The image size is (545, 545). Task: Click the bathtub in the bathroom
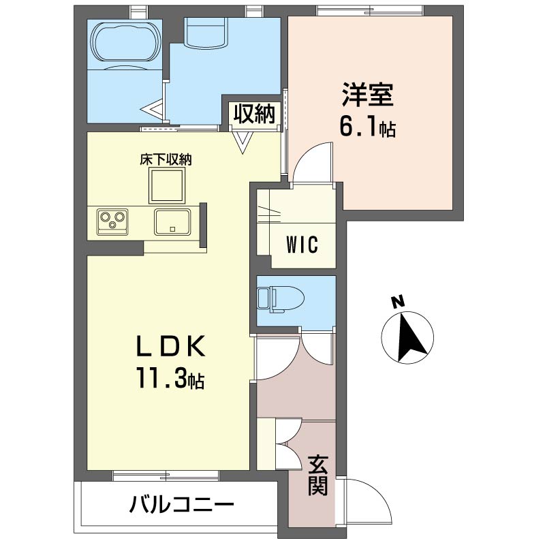[124, 44]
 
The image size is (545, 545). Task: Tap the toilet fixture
[281, 299]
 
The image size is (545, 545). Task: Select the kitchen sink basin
[173, 221]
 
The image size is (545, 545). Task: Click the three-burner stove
[112, 221]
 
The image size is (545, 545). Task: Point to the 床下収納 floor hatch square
[167, 185]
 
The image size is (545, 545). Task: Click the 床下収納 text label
[166, 160]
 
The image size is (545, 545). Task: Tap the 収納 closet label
[254, 113]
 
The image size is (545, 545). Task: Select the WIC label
[302, 245]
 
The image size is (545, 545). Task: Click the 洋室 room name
[368, 94]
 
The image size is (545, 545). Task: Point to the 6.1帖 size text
[367, 127]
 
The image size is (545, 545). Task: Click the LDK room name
[170, 347]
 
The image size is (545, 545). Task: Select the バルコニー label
[181, 504]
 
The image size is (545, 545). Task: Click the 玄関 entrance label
[317, 475]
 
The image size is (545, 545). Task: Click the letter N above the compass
[399, 302]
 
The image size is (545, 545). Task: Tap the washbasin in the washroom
[206, 32]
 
